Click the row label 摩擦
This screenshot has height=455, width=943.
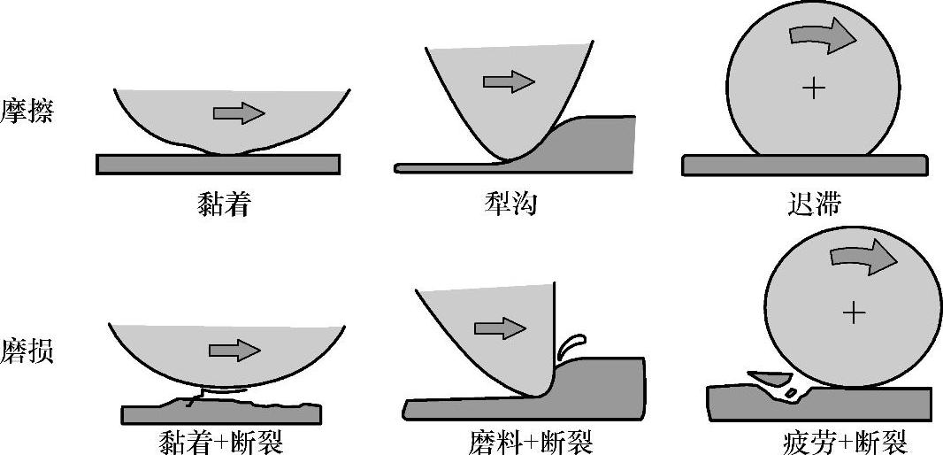point(27,111)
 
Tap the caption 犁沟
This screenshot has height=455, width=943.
point(511,204)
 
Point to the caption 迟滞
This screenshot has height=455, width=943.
point(813,204)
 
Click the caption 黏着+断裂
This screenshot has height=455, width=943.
point(219,440)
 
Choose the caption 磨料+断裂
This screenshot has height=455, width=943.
point(530,440)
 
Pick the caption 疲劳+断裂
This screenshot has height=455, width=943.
point(845,440)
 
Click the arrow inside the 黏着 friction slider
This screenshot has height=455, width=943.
point(239,112)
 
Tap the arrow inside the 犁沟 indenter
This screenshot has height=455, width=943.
point(509,82)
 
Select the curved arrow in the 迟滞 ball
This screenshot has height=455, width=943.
point(823,35)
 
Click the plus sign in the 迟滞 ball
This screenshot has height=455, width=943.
point(812,88)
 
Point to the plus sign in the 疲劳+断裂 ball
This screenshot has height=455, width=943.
point(853,312)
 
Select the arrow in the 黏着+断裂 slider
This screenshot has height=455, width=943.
point(234,351)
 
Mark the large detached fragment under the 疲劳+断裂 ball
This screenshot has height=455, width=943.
point(769,378)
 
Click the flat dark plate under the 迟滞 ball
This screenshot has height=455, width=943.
point(804,166)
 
